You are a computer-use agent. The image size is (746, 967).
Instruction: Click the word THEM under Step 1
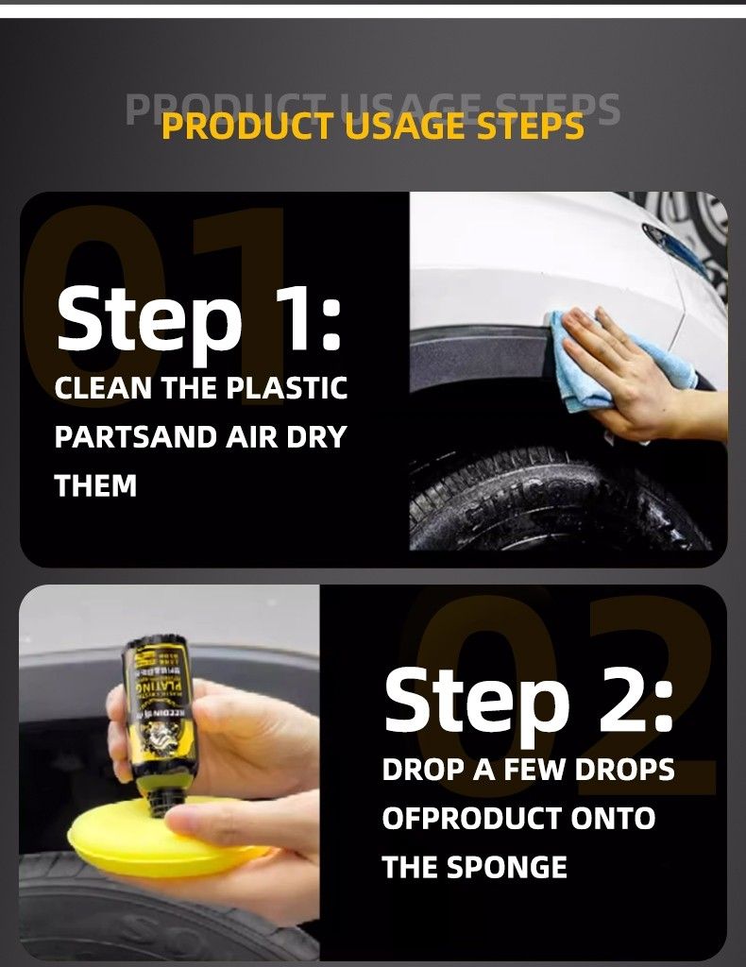coord(95,486)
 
